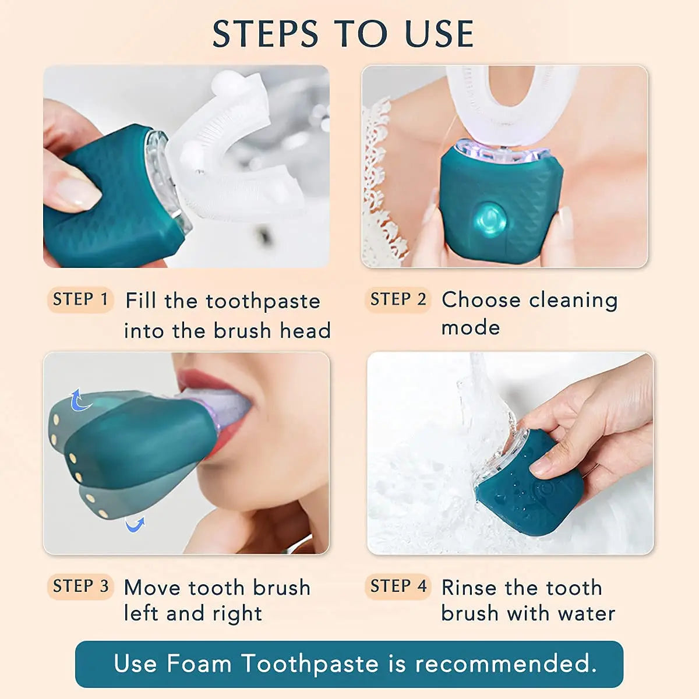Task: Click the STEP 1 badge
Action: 80,299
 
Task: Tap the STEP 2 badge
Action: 398,299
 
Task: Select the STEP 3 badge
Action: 80,586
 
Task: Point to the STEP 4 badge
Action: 398,586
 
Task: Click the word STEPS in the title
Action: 265,34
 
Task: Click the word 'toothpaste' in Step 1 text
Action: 263,302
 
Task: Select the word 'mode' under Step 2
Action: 471,327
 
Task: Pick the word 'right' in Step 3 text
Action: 237,614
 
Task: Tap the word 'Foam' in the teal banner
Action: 199,663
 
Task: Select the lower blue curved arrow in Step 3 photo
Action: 135,525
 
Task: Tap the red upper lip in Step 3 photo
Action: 201,379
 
